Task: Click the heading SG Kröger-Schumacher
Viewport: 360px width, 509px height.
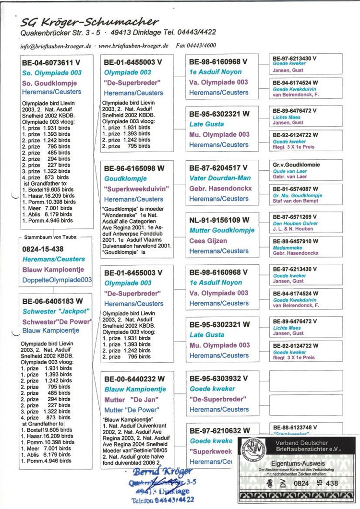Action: click(89, 21)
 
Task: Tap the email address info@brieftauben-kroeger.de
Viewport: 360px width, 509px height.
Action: click(56, 46)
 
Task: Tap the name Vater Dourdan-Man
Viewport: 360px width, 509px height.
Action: click(220, 178)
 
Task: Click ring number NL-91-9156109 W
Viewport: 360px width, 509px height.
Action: click(219, 220)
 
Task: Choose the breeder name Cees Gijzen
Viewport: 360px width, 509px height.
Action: click(208, 240)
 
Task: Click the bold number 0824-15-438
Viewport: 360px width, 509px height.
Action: click(43, 249)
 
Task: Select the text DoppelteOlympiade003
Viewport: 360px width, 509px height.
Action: click(57, 280)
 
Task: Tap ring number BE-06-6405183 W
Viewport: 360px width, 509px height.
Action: click(52, 301)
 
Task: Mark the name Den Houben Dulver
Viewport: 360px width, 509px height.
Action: click(290, 223)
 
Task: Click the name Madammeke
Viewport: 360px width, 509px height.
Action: click(286, 247)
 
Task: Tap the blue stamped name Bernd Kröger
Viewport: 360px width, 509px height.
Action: click(156, 472)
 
